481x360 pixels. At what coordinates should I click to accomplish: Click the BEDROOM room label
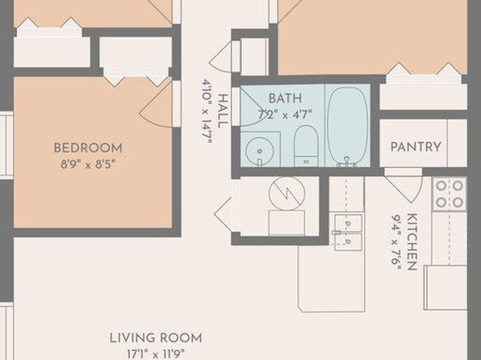click(88, 149)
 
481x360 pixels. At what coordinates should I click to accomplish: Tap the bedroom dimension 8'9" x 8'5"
click(88, 164)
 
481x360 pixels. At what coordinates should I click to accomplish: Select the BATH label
click(285, 98)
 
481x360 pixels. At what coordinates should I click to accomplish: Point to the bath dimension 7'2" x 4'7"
click(285, 115)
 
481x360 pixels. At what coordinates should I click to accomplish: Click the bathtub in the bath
click(348, 126)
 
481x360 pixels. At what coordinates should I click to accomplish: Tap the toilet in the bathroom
click(306, 146)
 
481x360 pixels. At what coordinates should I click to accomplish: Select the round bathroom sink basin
click(260, 151)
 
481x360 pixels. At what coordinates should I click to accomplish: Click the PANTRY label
click(416, 147)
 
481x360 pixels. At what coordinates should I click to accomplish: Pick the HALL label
click(223, 111)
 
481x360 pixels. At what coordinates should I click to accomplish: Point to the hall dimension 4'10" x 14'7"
click(207, 111)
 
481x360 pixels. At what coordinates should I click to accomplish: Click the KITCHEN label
click(412, 241)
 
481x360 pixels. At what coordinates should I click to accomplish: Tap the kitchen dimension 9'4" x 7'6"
click(396, 241)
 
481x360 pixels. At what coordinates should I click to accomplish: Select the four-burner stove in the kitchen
click(450, 195)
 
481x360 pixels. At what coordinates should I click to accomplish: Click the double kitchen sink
click(348, 232)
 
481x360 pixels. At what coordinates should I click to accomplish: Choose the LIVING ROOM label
click(156, 338)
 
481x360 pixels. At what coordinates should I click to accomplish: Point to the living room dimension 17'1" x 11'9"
click(156, 354)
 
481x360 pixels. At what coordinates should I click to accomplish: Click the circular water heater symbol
click(287, 194)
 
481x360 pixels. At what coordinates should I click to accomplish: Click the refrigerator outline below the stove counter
click(445, 287)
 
